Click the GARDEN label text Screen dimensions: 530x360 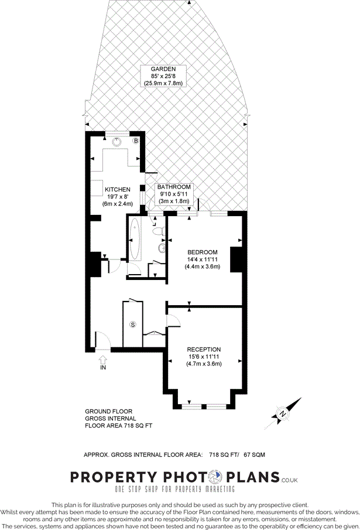[163, 69]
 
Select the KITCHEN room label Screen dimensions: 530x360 [118, 190]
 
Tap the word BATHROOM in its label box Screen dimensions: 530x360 [174, 187]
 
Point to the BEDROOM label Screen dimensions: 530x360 [203, 252]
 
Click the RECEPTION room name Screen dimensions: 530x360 [204, 349]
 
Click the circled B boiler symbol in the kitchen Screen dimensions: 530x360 [136, 141]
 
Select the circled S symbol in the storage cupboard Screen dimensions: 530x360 [133, 324]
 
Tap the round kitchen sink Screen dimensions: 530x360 [116, 141]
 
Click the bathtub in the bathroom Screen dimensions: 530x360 [135, 240]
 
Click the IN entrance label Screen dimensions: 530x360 [103, 368]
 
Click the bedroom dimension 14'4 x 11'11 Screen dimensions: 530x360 [203, 259]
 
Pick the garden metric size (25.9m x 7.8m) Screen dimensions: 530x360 [163, 83]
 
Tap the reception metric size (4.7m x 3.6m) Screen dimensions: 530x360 [204, 364]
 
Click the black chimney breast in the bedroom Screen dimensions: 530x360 [236, 259]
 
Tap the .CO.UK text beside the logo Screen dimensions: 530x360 [290, 481]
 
